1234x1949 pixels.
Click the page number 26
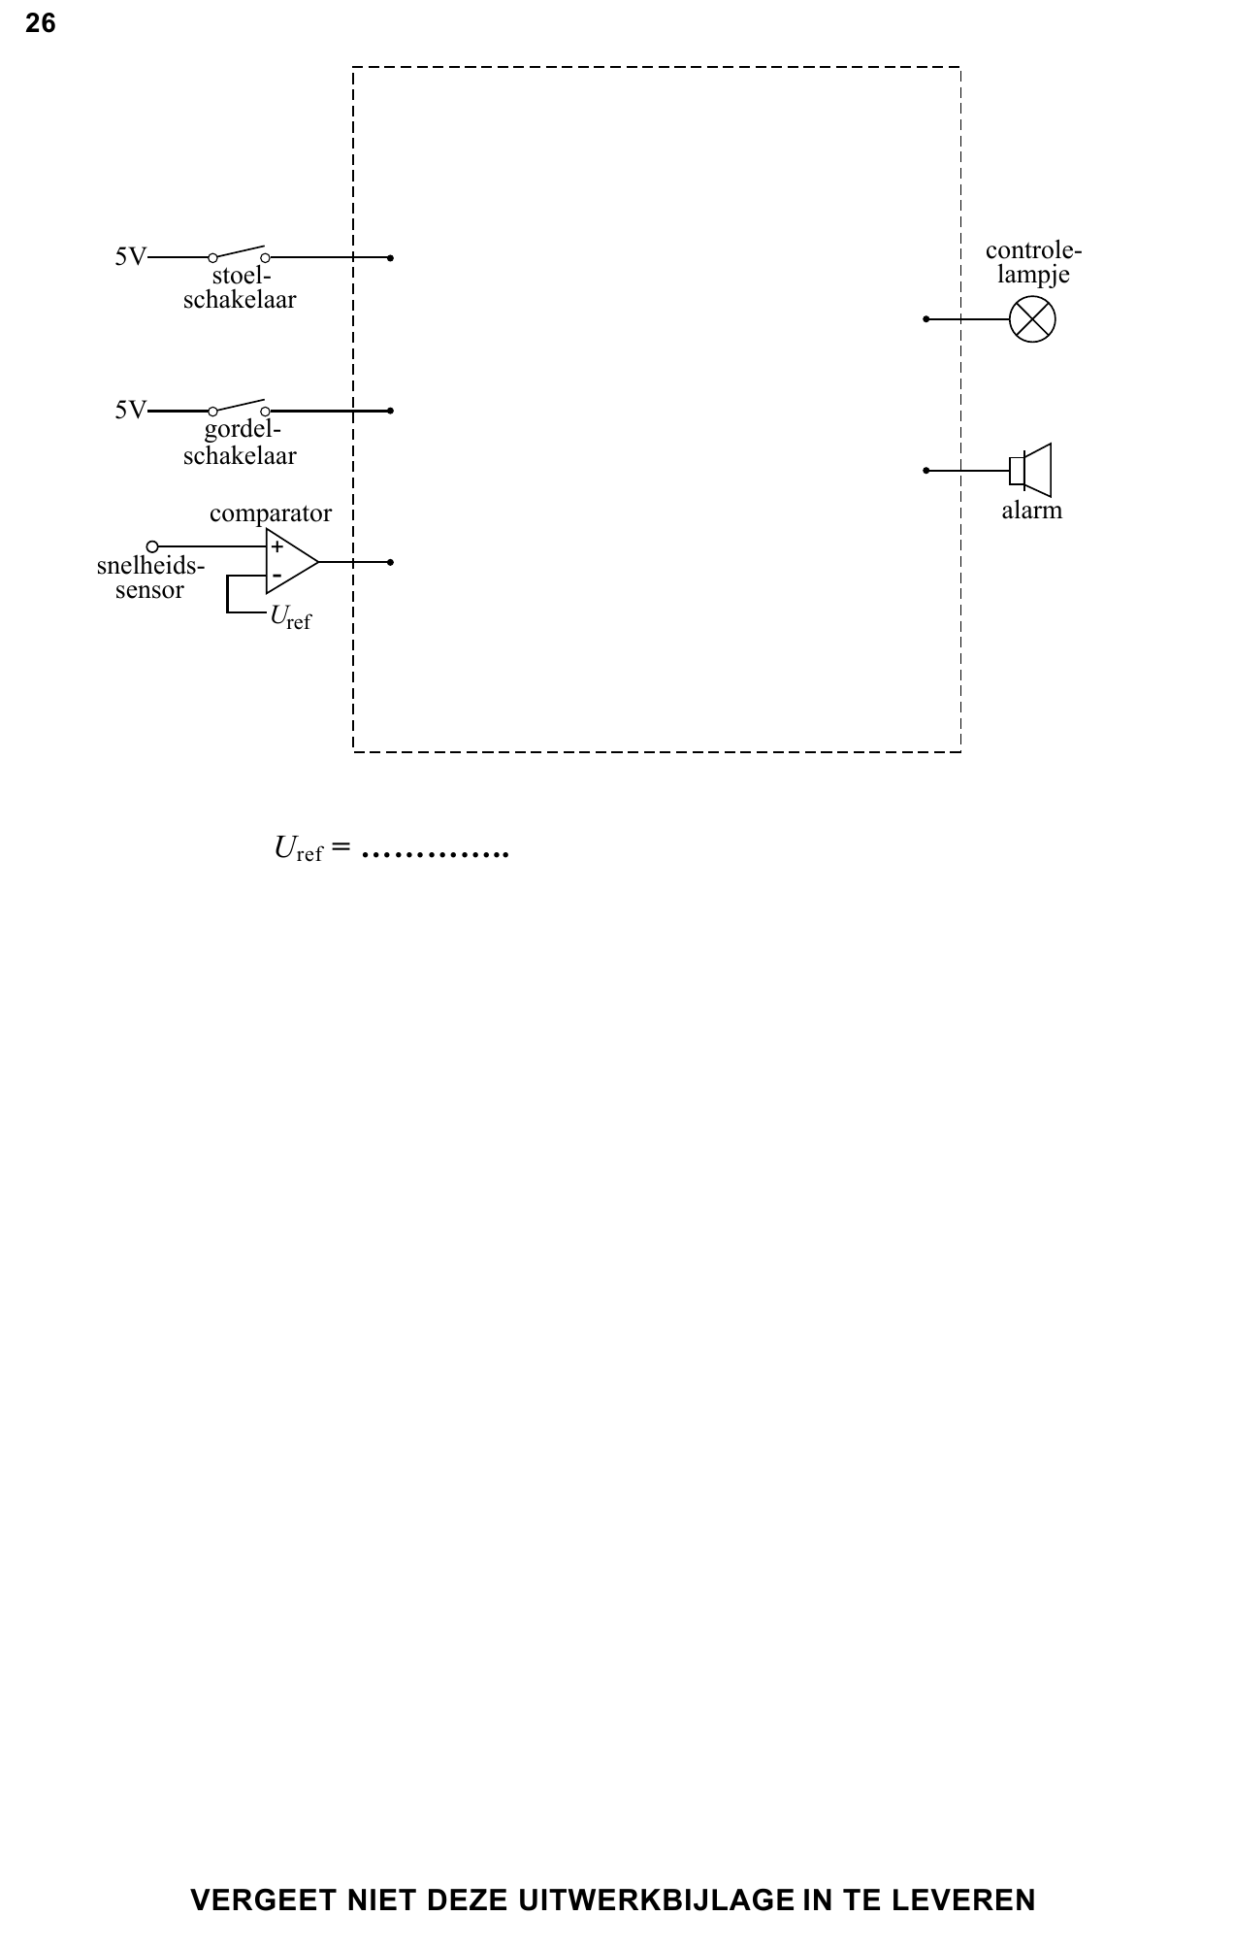point(41,23)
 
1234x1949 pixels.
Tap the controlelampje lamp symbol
point(1032,319)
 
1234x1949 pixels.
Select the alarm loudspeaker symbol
point(1030,471)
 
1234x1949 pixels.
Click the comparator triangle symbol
point(292,562)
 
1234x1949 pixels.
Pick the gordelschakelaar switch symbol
point(239,407)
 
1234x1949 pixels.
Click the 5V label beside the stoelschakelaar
point(131,257)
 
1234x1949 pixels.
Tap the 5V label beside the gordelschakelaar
point(131,411)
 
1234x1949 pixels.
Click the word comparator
point(271,514)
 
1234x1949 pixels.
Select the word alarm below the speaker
point(1032,511)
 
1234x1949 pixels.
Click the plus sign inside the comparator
point(277,547)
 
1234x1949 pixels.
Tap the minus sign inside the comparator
point(277,577)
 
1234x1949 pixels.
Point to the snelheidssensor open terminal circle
point(152,546)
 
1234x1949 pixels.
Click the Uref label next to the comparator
point(291,617)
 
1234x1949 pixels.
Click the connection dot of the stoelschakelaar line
point(390,258)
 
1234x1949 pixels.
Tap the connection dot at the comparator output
point(390,562)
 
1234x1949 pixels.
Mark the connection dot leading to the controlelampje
point(926,319)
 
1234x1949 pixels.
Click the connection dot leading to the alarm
point(926,471)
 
